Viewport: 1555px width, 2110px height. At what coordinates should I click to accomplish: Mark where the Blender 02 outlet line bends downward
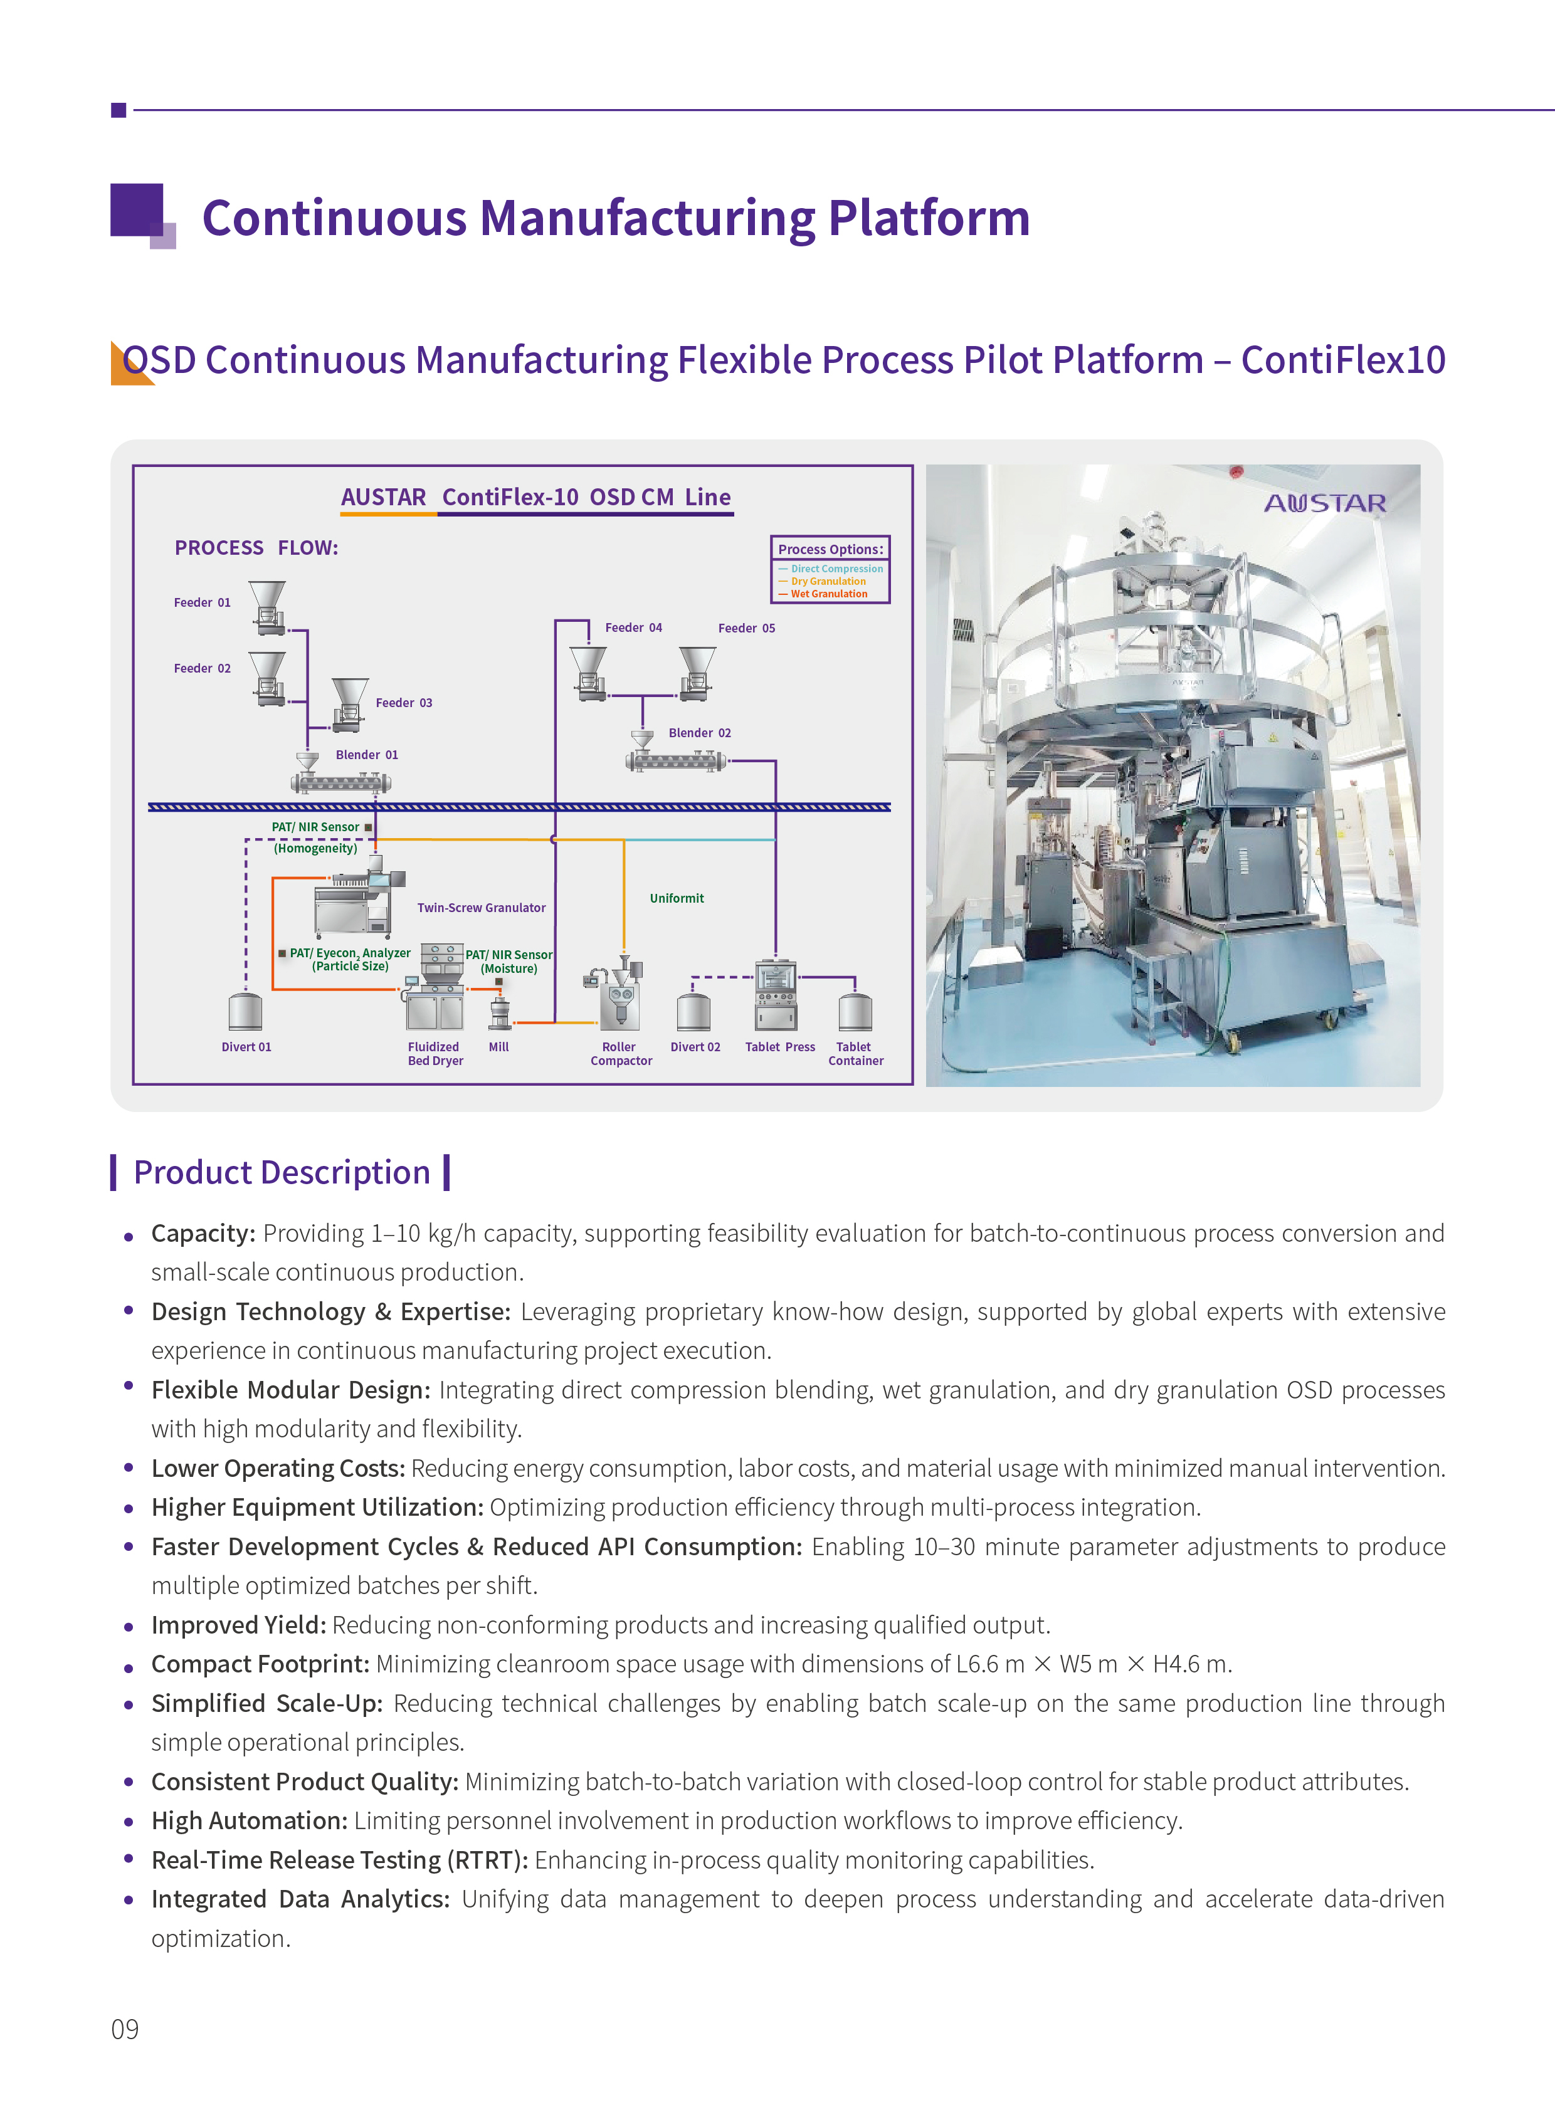[x=776, y=760]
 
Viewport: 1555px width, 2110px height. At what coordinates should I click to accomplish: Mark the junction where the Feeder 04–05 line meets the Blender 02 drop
[x=643, y=696]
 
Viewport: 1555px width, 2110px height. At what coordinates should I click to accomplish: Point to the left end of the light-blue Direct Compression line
[x=626, y=839]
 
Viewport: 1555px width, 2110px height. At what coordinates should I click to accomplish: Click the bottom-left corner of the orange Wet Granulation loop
[x=273, y=989]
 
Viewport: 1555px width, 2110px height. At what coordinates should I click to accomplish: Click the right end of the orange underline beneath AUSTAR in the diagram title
[x=437, y=514]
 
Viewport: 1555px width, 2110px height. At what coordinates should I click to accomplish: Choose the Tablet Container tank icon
[x=855, y=1012]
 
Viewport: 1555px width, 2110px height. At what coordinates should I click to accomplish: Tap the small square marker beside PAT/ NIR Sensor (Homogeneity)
[x=368, y=827]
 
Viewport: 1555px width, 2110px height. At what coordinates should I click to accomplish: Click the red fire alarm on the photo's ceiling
[x=1236, y=471]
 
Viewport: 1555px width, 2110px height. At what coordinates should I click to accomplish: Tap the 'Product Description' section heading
[x=282, y=1173]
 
